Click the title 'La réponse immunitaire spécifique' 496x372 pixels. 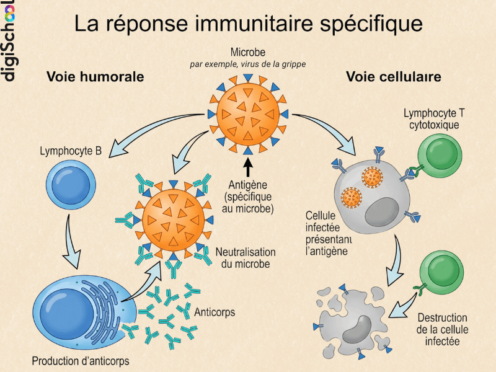pyautogui.click(x=248, y=24)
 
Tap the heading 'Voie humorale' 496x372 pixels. pyautogui.click(x=95, y=77)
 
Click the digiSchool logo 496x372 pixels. pyautogui.click(x=8, y=40)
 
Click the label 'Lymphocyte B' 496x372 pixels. pyautogui.click(x=71, y=151)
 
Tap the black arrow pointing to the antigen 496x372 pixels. pyautogui.click(x=248, y=169)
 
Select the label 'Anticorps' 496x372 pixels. pyautogui.click(x=215, y=312)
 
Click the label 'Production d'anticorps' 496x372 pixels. pyautogui.click(x=81, y=361)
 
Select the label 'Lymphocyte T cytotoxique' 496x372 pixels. pyautogui.click(x=434, y=118)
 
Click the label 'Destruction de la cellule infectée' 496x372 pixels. pyautogui.click(x=443, y=329)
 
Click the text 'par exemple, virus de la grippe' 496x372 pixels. pyautogui.click(x=248, y=64)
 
